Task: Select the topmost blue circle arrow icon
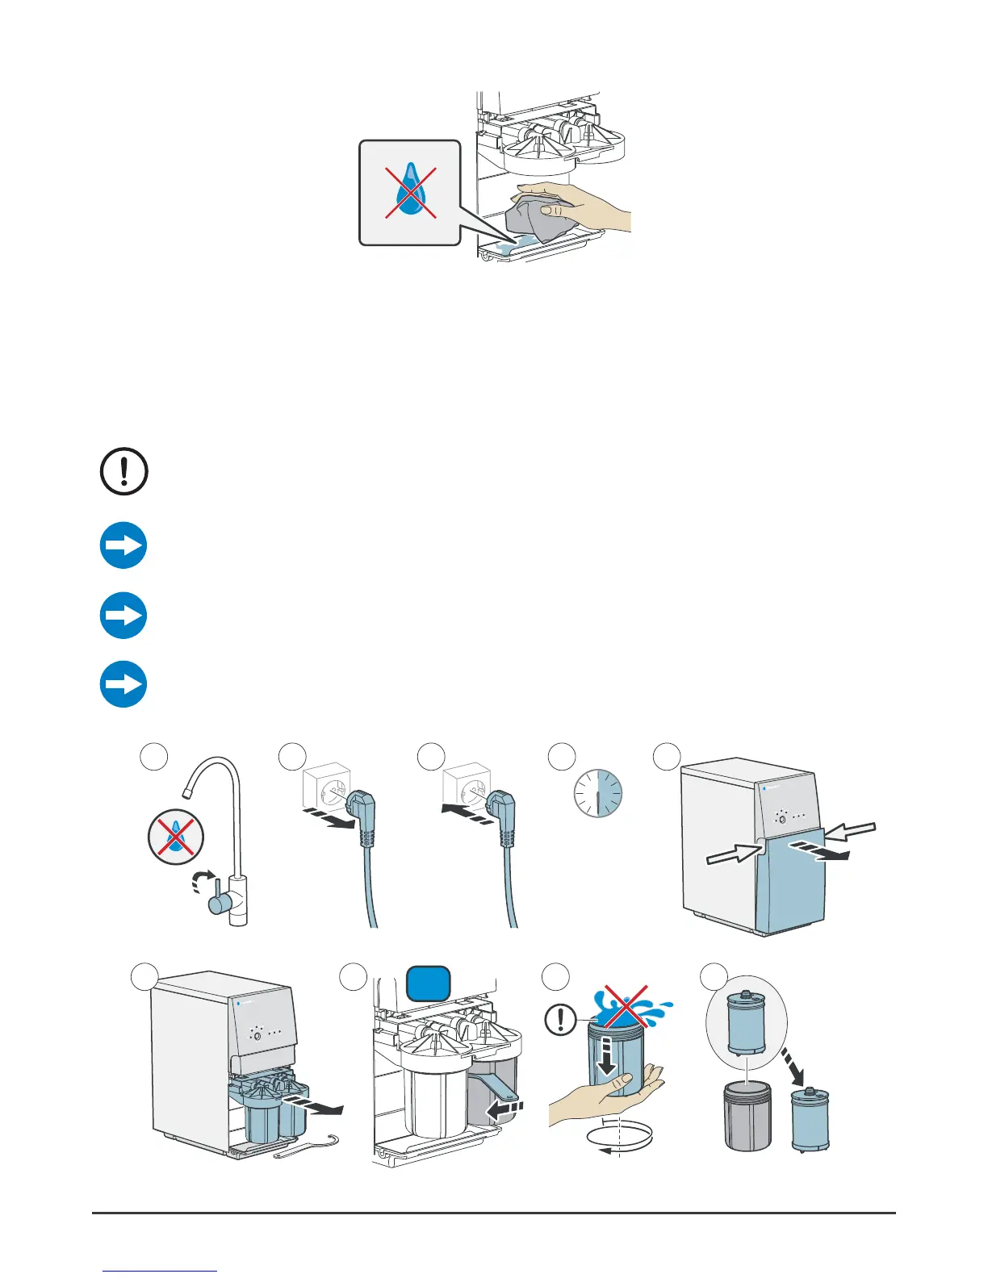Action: tap(123, 545)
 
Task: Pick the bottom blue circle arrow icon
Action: tap(123, 684)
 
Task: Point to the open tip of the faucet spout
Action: tap(188, 793)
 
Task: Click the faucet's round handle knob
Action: tap(218, 905)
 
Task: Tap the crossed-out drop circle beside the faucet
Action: tap(175, 837)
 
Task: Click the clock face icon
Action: tap(597, 793)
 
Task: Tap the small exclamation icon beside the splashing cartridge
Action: tap(561, 1020)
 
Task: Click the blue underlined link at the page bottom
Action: tap(161, 1271)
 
